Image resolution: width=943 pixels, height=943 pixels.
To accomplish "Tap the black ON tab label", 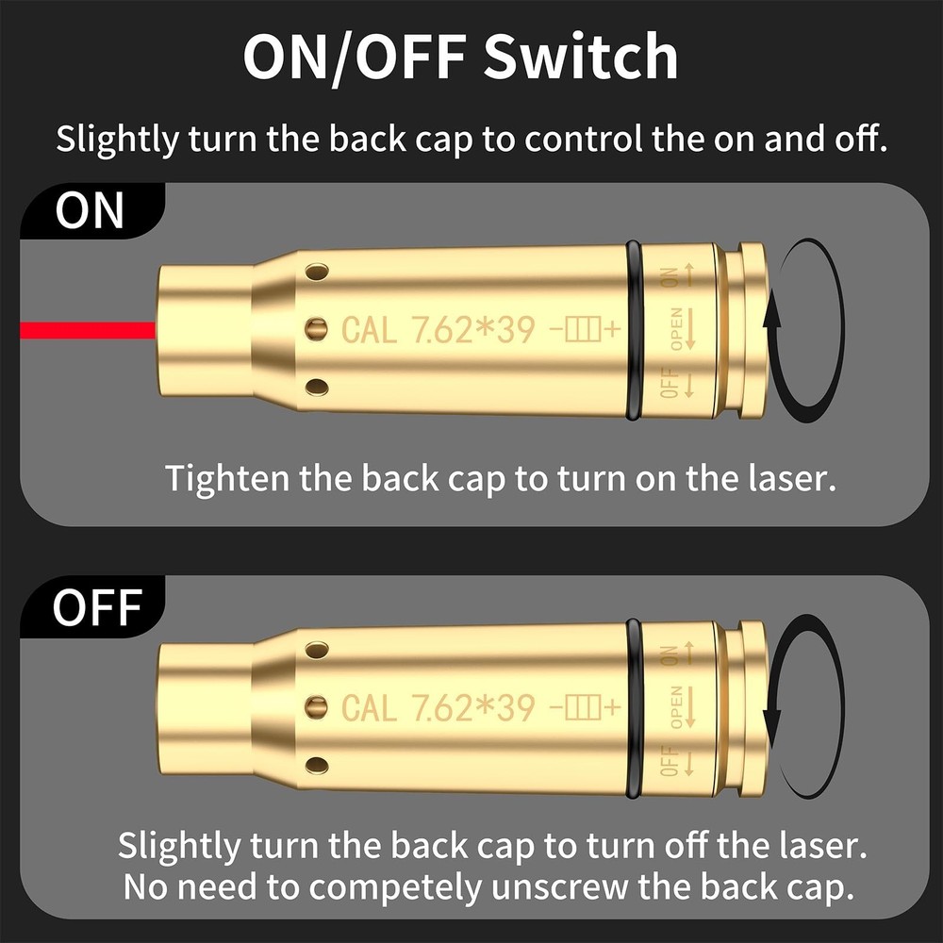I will tap(90, 212).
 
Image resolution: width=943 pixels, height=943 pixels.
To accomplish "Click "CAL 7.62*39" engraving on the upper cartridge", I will tap(438, 330).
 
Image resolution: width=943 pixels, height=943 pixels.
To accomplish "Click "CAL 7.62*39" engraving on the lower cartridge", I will tap(438, 707).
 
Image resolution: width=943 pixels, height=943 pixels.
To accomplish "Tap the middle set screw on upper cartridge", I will tap(319, 328).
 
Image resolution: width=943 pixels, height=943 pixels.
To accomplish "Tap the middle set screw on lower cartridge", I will tap(319, 705).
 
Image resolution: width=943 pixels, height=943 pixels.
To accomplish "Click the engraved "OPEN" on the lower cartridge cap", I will tap(675, 708).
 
